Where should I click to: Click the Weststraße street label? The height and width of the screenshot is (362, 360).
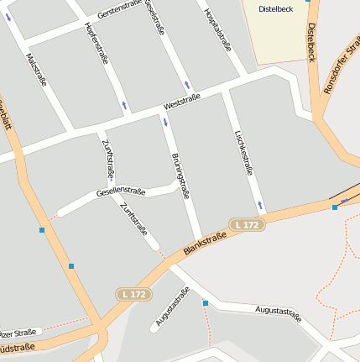pos(182,102)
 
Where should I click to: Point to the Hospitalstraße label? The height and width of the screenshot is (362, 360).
pos(217,30)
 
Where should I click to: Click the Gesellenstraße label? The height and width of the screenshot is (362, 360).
pos(121,191)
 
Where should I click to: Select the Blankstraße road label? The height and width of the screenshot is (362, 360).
pos(206,240)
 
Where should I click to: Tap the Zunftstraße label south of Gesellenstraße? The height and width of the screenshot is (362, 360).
pos(133,218)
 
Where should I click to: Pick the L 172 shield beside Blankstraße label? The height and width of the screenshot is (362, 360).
pos(248,224)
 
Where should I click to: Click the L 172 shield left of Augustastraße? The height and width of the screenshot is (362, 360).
pos(133,294)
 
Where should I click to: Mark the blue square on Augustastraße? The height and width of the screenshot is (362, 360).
pos(205,303)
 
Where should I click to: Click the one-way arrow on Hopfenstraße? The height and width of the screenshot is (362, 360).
pos(125,105)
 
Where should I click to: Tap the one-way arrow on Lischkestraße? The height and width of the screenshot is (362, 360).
pos(261,204)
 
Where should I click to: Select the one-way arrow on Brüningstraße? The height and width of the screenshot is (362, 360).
pos(164,123)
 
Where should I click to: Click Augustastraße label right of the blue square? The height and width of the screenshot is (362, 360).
pos(278,313)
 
